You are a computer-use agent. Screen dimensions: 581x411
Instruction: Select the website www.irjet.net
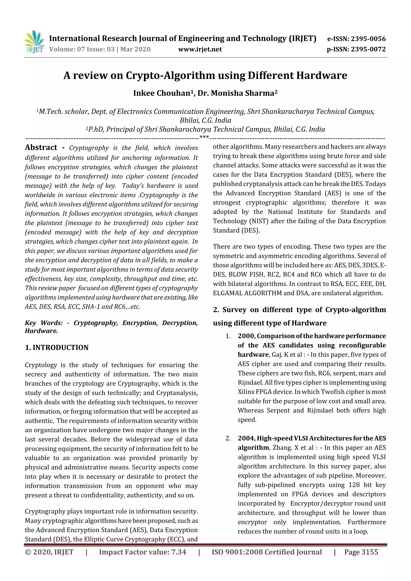coord(200,49)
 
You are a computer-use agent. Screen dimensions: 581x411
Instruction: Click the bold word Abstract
coord(41,147)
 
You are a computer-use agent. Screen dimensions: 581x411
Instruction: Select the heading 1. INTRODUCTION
coord(57,347)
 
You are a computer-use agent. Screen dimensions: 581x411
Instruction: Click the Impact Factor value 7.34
coord(178,552)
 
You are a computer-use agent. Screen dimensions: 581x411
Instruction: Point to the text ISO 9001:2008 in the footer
coord(233,552)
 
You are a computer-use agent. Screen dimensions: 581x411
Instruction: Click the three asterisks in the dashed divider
coord(204,137)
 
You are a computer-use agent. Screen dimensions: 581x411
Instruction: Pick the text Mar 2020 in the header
coord(135,49)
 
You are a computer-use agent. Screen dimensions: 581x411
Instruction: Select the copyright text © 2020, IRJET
coord(49,552)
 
